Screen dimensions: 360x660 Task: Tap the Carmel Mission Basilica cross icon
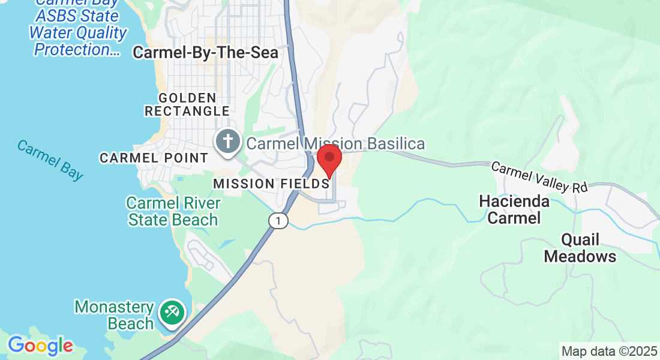coord(228,142)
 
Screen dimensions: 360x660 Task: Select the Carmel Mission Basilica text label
coord(335,144)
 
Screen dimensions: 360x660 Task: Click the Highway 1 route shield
coord(278,221)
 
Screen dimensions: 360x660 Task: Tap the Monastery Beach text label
coord(115,316)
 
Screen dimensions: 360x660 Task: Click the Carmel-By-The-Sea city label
coord(205,53)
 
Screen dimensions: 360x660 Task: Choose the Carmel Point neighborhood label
coord(154,158)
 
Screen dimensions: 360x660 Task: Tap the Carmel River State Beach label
coord(173,211)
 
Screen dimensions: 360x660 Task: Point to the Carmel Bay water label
coord(50,160)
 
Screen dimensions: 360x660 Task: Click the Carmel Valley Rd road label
coord(539,178)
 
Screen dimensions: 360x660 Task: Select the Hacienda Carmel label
coord(514,209)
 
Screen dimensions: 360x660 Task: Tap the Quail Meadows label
coord(580,248)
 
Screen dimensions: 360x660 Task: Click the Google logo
coord(40,346)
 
